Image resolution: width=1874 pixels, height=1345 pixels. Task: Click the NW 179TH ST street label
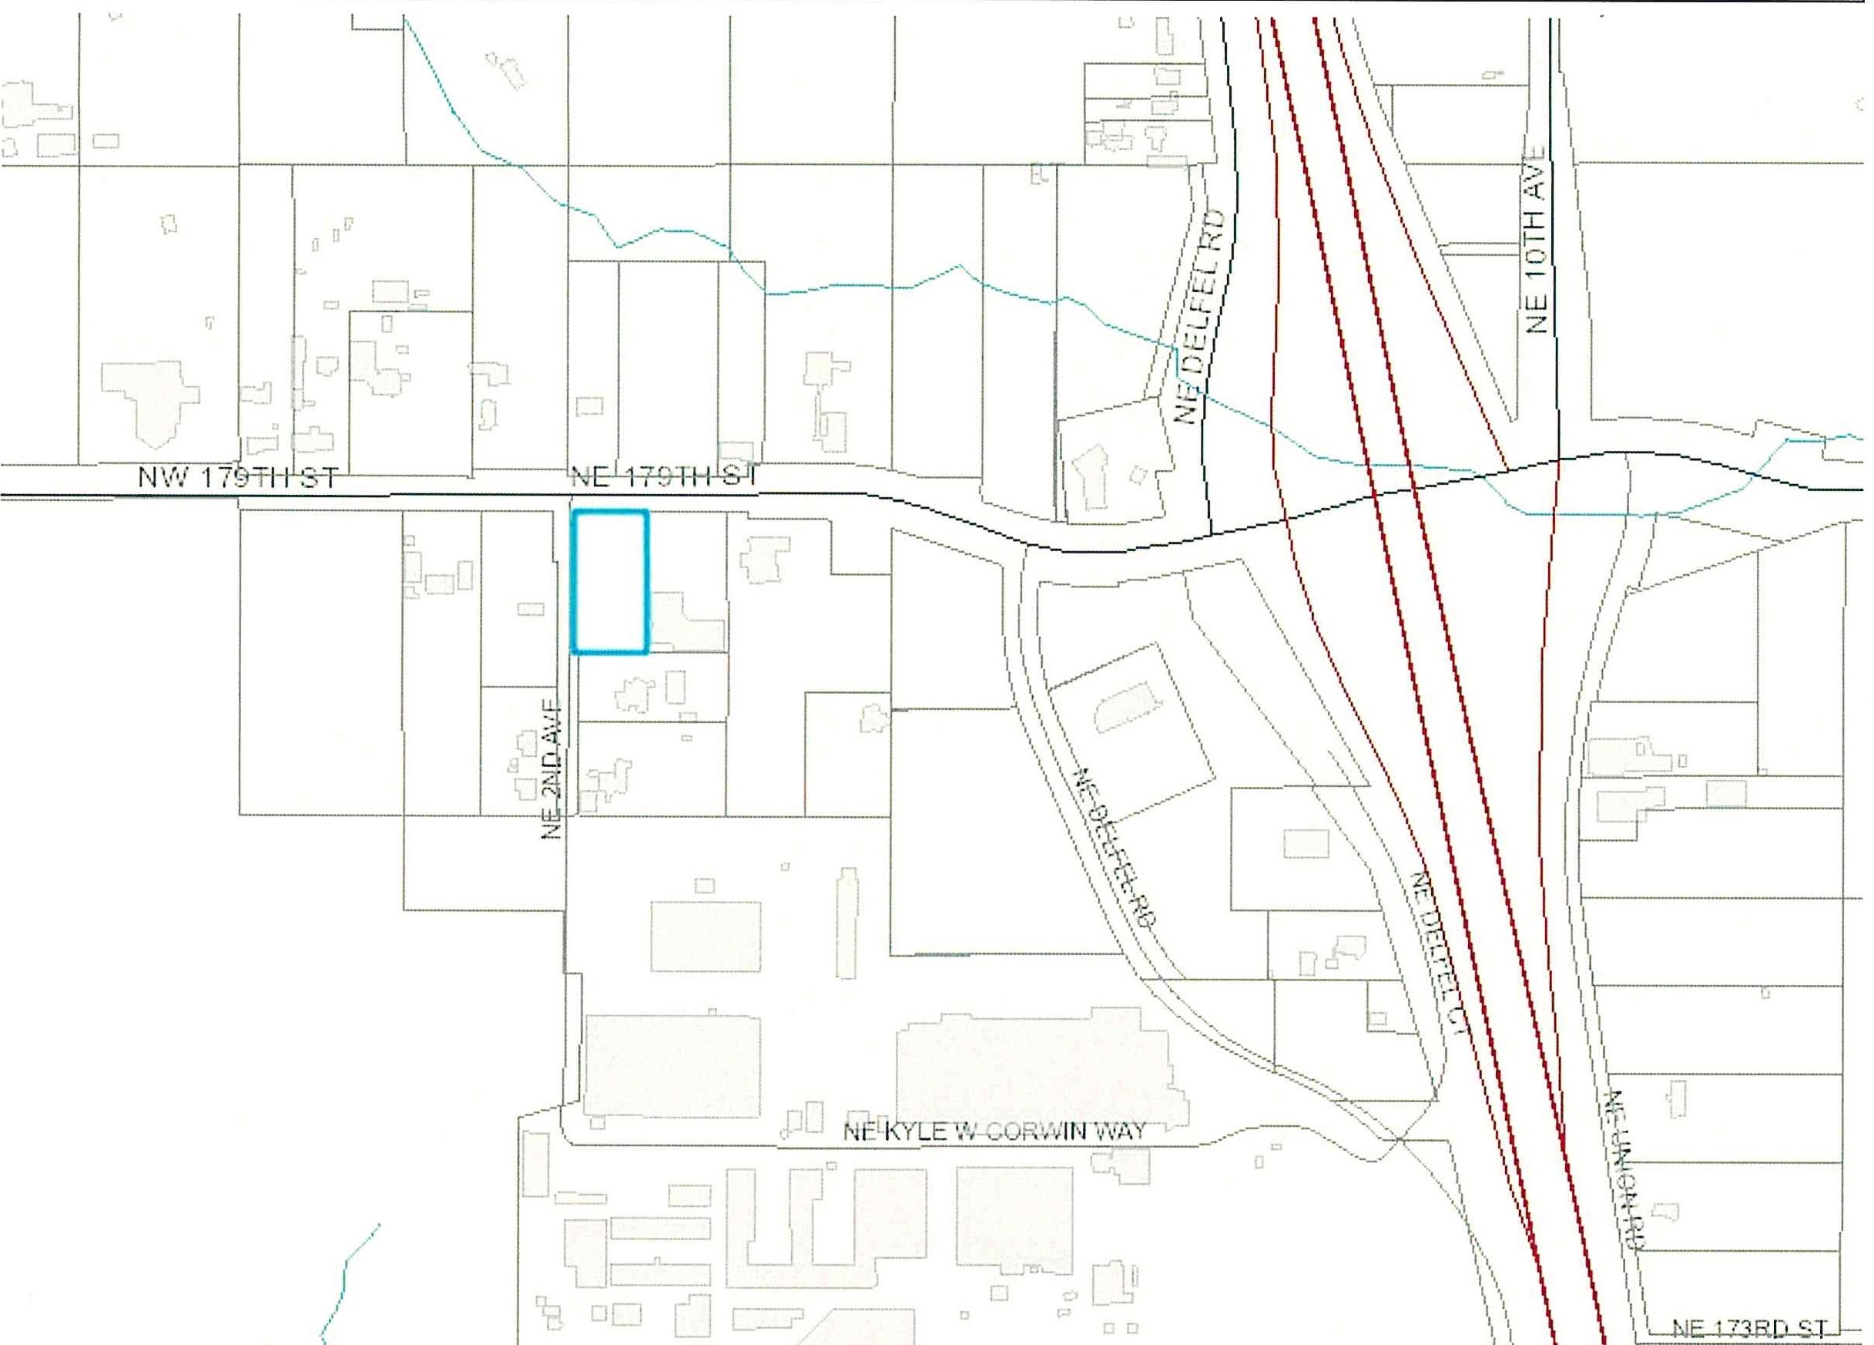pos(238,478)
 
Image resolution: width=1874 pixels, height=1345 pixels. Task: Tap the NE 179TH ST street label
pos(663,477)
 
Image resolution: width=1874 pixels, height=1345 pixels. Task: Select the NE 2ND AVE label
pos(552,768)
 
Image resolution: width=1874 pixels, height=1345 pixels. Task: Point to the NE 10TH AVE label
pos(1536,240)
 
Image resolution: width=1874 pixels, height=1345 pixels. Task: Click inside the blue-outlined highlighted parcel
pos(610,581)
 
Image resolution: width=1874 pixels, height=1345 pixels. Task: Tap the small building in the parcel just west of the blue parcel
pos(531,609)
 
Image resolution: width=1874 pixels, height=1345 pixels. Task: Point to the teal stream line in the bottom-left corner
pos(347,1281)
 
